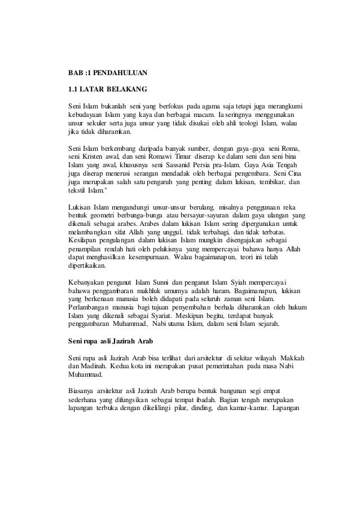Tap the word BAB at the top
74,72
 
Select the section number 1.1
72,89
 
